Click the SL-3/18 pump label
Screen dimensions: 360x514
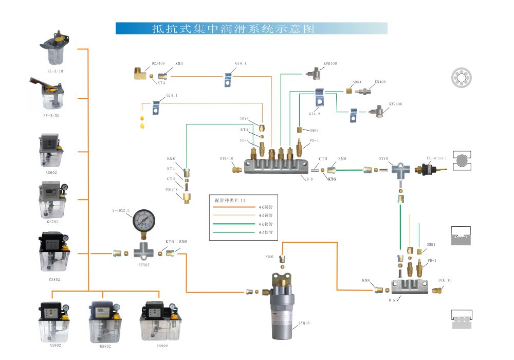pos(55,71)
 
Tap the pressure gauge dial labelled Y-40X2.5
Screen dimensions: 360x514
pos(143,222)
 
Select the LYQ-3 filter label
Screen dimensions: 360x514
pos(304,323)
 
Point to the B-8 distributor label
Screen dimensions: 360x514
pos(309,178)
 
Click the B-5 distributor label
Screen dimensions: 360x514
pos(392,299)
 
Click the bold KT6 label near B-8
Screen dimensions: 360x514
pos(332,179)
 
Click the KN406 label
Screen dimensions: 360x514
pos(380,82)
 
